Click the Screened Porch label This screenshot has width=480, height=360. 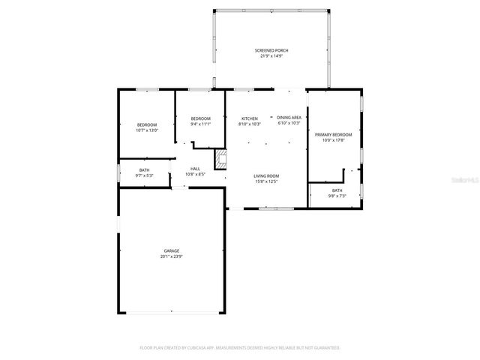pos(271,50)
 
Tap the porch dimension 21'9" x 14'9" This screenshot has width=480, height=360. pos(271,56)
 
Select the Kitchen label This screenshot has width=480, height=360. pos(250,118)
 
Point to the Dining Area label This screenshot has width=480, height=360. pos(289,118)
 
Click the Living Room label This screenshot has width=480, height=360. pos(266,175)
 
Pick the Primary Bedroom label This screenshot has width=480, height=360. pos(333,134)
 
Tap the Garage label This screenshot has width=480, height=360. pos(172,250)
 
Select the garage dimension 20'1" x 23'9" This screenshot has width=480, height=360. pos(172,256)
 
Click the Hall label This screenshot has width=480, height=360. pos(195,169)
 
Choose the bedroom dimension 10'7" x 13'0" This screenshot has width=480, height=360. pos(147,130)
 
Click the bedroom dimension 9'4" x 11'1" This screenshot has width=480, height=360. pos(200,124)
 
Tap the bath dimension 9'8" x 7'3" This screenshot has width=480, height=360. pos(337,196)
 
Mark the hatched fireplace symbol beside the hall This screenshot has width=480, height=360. pos(220,159)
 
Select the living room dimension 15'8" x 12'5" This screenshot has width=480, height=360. pos(266,181)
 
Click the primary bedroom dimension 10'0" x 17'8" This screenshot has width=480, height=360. pos(333,140)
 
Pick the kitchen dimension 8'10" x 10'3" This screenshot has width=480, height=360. pos(250,124)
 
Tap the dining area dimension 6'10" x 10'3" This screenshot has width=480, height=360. pos(289,124)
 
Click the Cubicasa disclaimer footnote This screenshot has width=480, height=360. pos(240,348)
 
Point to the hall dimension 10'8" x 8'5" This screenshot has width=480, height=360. pos(195,175)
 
